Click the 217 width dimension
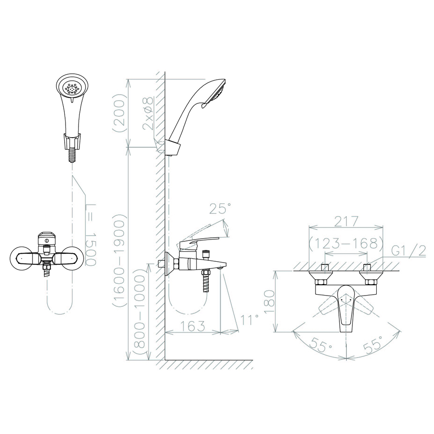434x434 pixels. (x=346, y=221)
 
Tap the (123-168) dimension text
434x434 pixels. (x=346, y=243)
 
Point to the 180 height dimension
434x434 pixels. (x=270, y=302)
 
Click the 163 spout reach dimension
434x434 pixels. (x=193, y=326)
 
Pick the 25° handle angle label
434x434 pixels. (x=220, y=209)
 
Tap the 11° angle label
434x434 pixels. (x=250, y=320)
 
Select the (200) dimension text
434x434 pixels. (x=120, y=113)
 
